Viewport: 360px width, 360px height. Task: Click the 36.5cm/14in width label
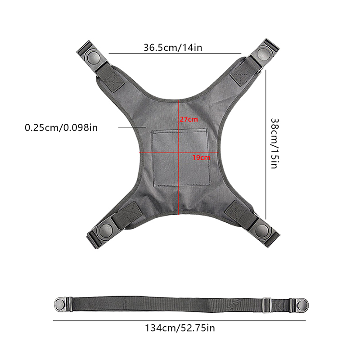173,48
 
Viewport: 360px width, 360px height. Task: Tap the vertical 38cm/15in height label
274,144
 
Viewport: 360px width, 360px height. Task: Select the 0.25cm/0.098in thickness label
61,128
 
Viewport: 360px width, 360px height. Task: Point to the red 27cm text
189,119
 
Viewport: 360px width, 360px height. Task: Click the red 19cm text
201,158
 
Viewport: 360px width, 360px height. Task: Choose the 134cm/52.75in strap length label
180,328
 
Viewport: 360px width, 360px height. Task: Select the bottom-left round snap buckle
104,230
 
